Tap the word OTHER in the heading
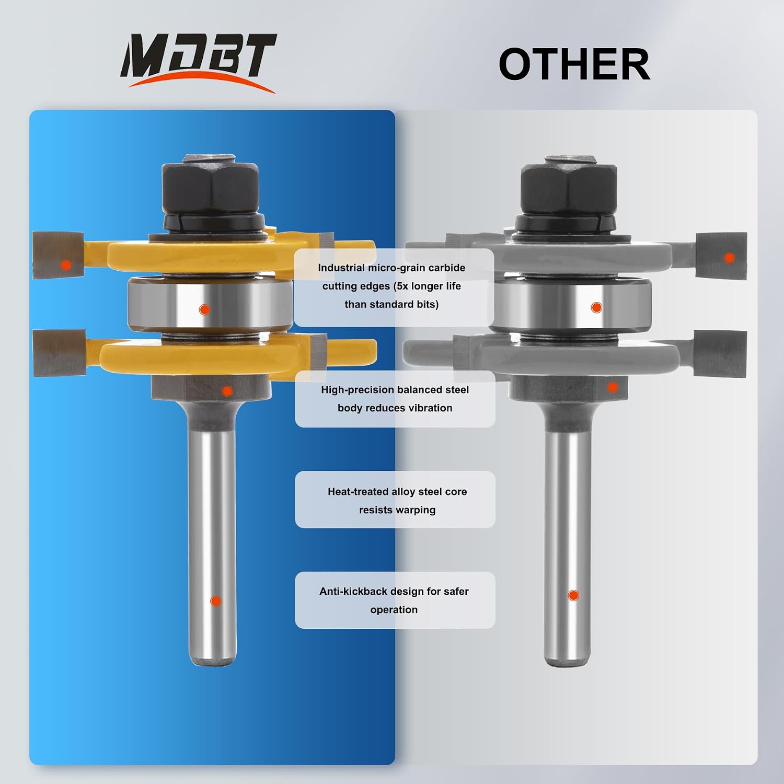coord(574,64)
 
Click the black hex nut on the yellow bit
coord(211,186)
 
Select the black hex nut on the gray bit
coord(569,186)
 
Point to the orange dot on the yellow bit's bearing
coord(204,309)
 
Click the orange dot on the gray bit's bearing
coord(596,307)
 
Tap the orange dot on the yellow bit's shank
coord(215,601)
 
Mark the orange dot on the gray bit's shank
coord(573,595)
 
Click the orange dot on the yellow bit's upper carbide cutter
coord(66,265)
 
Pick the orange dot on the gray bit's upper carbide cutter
coord(729,257)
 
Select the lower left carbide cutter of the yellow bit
coord(59,353)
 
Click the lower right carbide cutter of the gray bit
coord(721,354)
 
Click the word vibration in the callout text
coord(431,408)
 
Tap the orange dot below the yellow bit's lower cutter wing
coord(227,390)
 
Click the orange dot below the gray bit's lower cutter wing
coord(613,387)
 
